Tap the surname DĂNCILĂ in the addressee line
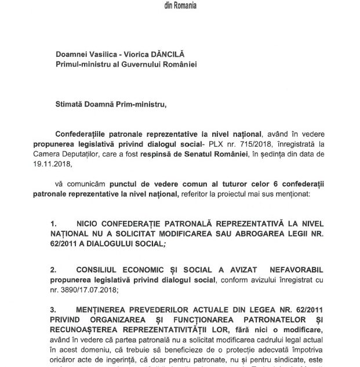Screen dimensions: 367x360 [168, 53]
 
